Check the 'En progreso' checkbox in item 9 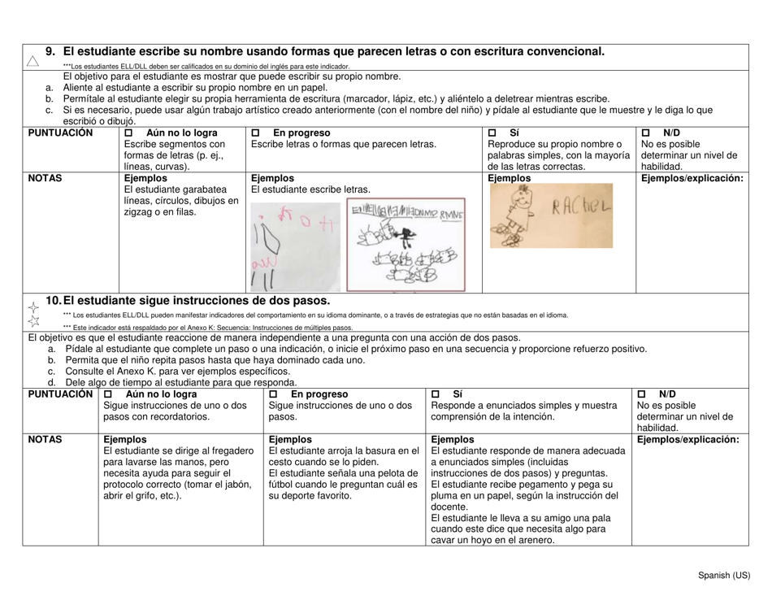click(x=256, y=132)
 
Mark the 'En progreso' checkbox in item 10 click(x=275, y=394)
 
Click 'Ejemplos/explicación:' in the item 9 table click(x=694, y=177)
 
